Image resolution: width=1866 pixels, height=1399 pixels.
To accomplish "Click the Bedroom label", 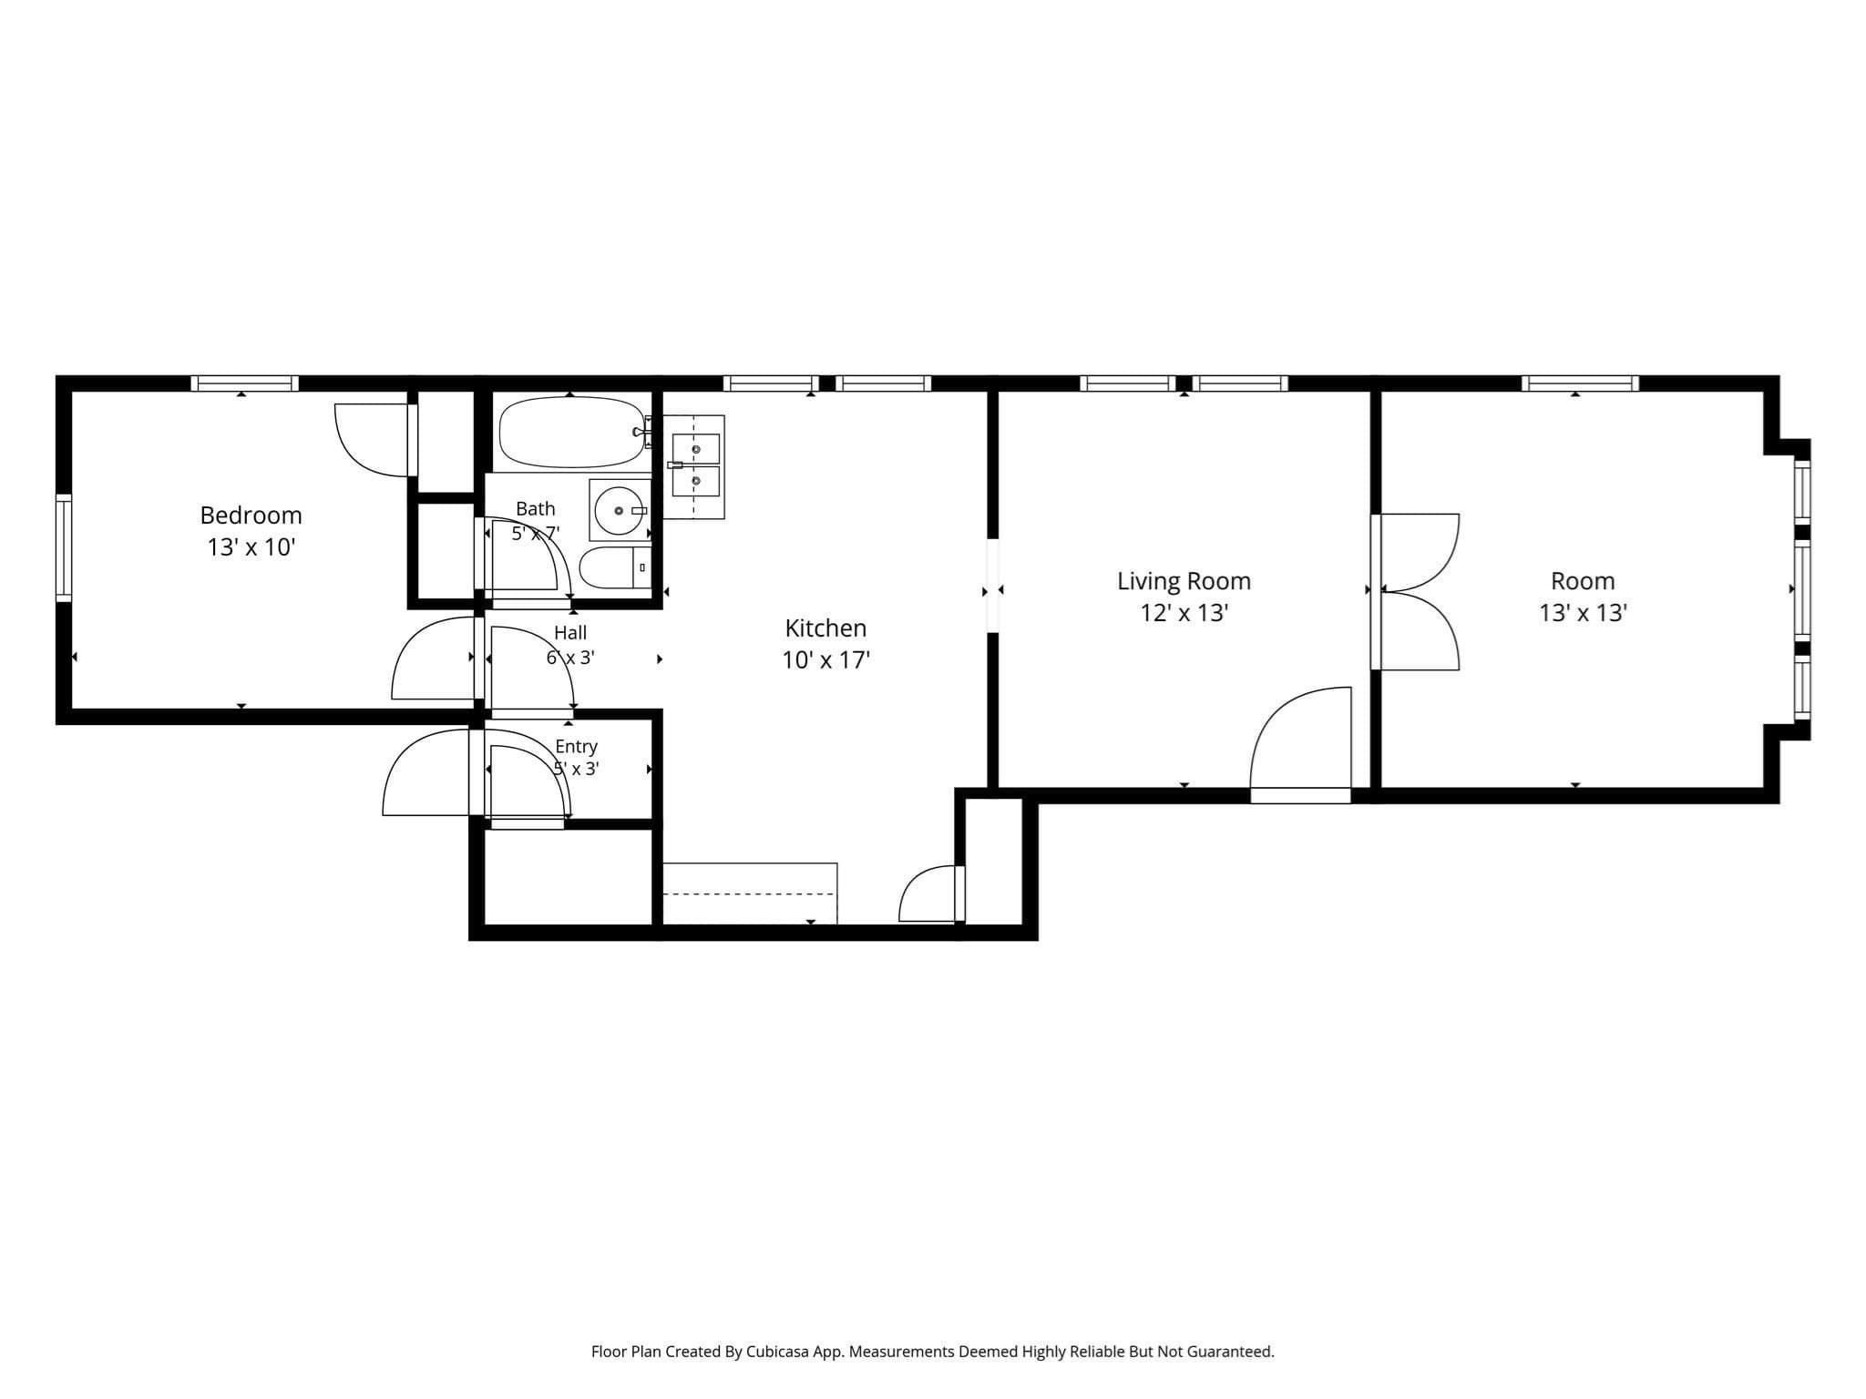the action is pyautogui.click(x=251, y=516).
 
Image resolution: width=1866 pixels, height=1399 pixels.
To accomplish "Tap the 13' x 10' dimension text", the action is pyautogui.click(x=251, y=547).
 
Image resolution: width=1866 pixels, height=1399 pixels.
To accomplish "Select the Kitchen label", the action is pyautogui.click(x=825, y=628).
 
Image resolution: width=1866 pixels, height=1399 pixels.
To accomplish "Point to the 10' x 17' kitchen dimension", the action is pyautogui.click(x=825, y=660).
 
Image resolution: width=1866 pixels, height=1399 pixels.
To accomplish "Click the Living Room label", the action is pyautogui.click(x=1184, y=581).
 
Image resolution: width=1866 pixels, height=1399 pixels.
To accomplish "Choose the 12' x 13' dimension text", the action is pyautogui.click(x=1184, y=613).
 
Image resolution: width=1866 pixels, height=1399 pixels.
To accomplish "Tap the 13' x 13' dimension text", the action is pyautogui.click(x=1583, y=613).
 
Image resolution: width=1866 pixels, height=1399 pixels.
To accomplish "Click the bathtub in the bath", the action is pyautogui.click(x=571, y=434).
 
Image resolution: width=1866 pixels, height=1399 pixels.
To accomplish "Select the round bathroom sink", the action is pyautogui.click(x=620, y=511).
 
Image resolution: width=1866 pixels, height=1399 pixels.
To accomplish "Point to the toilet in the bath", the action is pyautogui.click(x=615, y=567).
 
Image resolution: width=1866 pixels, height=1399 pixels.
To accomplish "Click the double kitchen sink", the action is pyautogui.click(x=693, y=466).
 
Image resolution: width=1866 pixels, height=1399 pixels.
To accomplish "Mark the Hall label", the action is pyautogui.click(x=570, y=633).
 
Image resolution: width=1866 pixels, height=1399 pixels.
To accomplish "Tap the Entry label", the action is pyautogui.click(x=576, y=747).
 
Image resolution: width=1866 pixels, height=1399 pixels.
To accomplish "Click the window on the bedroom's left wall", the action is pyautogui.click(x=64, y=547).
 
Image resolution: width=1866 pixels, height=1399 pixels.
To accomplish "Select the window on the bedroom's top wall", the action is pyautogui.click(x=244, y=383).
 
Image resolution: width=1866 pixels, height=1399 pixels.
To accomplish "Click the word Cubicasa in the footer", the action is pyautogui.click(x=779, y=1352).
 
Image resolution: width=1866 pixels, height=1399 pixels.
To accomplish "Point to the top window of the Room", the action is pyautogui.click(x=1580, y=383).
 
